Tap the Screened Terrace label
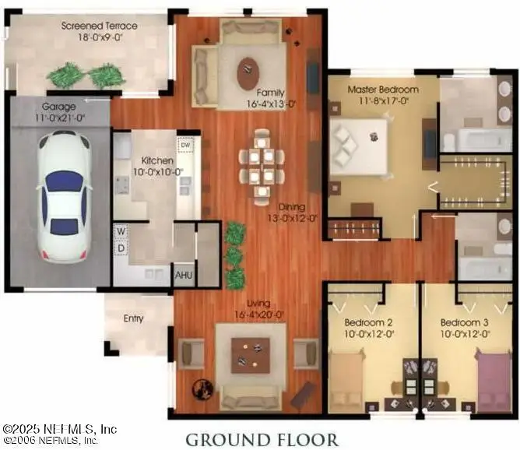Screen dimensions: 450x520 coord(100,26)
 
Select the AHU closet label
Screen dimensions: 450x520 coord(184,276)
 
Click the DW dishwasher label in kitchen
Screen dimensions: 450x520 coord(185,146)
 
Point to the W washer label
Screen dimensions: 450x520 coord(121,231)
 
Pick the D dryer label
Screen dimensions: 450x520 coord(121,248)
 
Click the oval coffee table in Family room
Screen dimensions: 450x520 coord(250,74)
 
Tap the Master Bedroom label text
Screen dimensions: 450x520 coord(382,90)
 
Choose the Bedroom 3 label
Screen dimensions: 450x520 coord(465,323)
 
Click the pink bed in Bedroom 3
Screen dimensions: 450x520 coord(494,381)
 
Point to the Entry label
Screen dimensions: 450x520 coord(134,318)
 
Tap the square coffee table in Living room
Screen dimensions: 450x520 coord(250,355)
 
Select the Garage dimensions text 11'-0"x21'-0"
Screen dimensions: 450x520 coord(60,118)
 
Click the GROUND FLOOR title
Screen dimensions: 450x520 coord(261,438)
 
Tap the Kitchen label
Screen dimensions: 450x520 coord(152,160)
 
